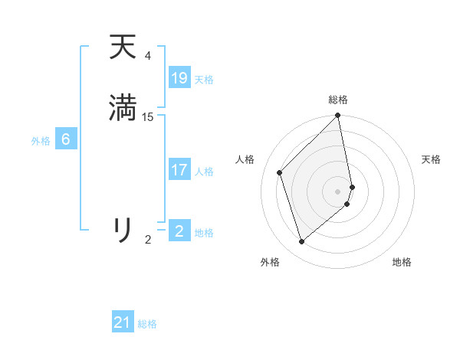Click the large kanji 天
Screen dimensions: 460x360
(123, 47)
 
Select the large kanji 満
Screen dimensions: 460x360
(123, 108)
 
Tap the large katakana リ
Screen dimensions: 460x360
(123, 229)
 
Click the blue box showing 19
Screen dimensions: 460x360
(179, 77)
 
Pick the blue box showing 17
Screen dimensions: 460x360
(179, 170)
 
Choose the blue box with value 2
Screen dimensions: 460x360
(179, 231)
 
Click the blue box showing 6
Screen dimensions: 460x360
(66, 139)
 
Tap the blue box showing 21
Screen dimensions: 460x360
(123, 322)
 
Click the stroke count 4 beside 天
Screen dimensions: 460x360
(148, 56)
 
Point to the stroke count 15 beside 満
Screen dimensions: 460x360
(148, 116)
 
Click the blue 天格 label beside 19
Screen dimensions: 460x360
(204, 80)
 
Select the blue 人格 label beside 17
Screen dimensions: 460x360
(204, 172)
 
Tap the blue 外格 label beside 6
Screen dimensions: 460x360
(41, 141)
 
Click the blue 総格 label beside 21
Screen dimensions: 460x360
(147, 324)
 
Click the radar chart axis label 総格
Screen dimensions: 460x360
(338, 100)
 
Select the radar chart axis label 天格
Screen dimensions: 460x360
(431, 159)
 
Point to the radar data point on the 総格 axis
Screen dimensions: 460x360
(338, 116)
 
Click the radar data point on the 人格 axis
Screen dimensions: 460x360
(280, 172)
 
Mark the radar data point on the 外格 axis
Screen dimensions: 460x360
(302, 241)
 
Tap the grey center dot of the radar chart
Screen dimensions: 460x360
(338, 191)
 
